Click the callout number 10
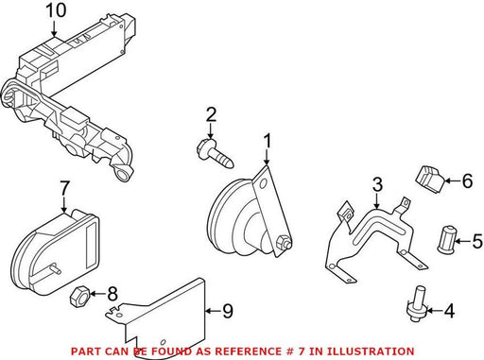click(56, 11)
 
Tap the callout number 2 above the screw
click(211, 114)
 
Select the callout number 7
click(64, 189)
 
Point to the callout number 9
click(228, 311)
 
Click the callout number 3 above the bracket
click(377, 185)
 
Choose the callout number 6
click(467, 180)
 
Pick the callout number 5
click(477, 241)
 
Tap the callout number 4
click(449, 311)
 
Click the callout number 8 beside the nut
click(112, 294)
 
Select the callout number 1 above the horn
click(268, 141)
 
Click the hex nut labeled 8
click(78, 296)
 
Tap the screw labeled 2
click(216, 154)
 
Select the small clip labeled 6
click(429, 179)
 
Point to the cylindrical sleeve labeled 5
click(446, 239)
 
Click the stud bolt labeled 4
click(418, 303)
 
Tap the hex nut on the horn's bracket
click(283, 242)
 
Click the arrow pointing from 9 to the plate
click(213, 312)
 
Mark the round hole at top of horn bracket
click(263, 183)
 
